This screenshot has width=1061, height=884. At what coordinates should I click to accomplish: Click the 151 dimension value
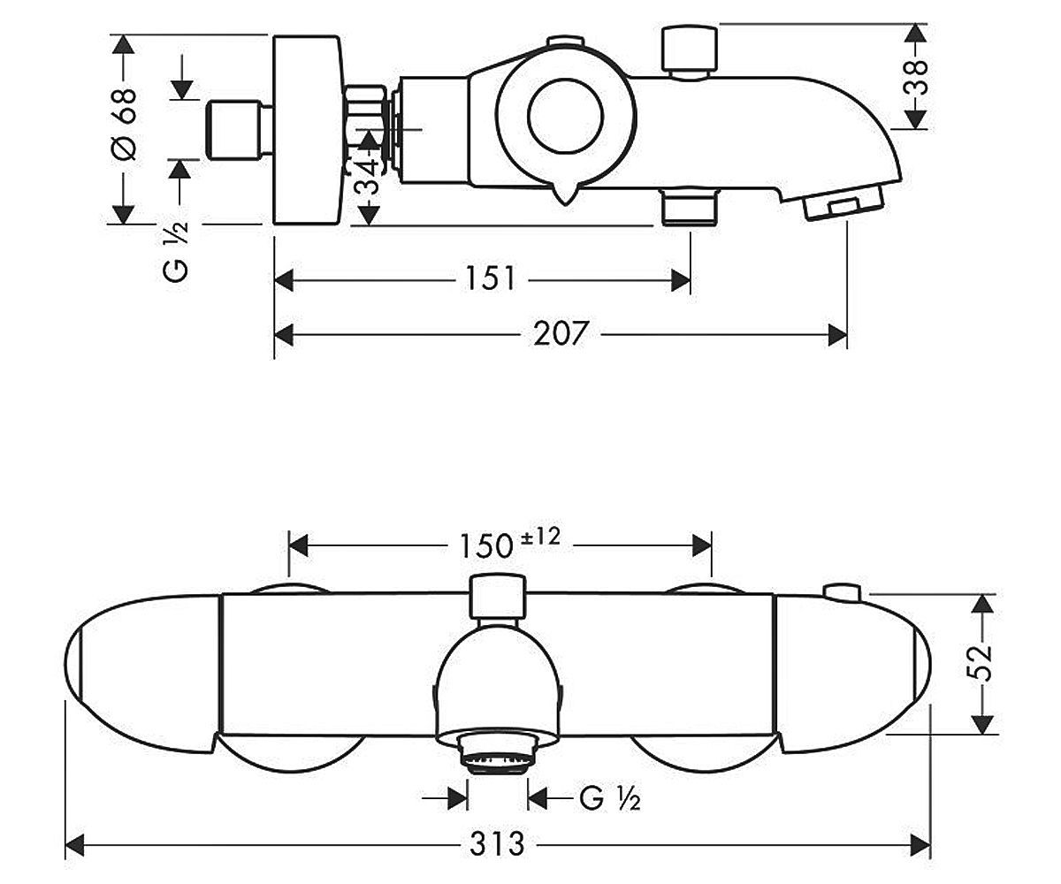(x=490, y=279)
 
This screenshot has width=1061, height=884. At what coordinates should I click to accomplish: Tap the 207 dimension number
(x=560, y=334)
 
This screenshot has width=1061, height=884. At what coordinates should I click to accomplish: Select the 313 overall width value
(x=496, y=844)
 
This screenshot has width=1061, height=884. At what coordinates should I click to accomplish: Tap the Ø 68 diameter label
(x=125, y=125)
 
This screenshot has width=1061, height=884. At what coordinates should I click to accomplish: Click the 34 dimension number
(x=367, y=176)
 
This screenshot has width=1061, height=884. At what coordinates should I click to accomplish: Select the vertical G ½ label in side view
(x=176, y=251)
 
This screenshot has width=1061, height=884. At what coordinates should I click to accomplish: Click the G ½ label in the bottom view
(x=610, y=798)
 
